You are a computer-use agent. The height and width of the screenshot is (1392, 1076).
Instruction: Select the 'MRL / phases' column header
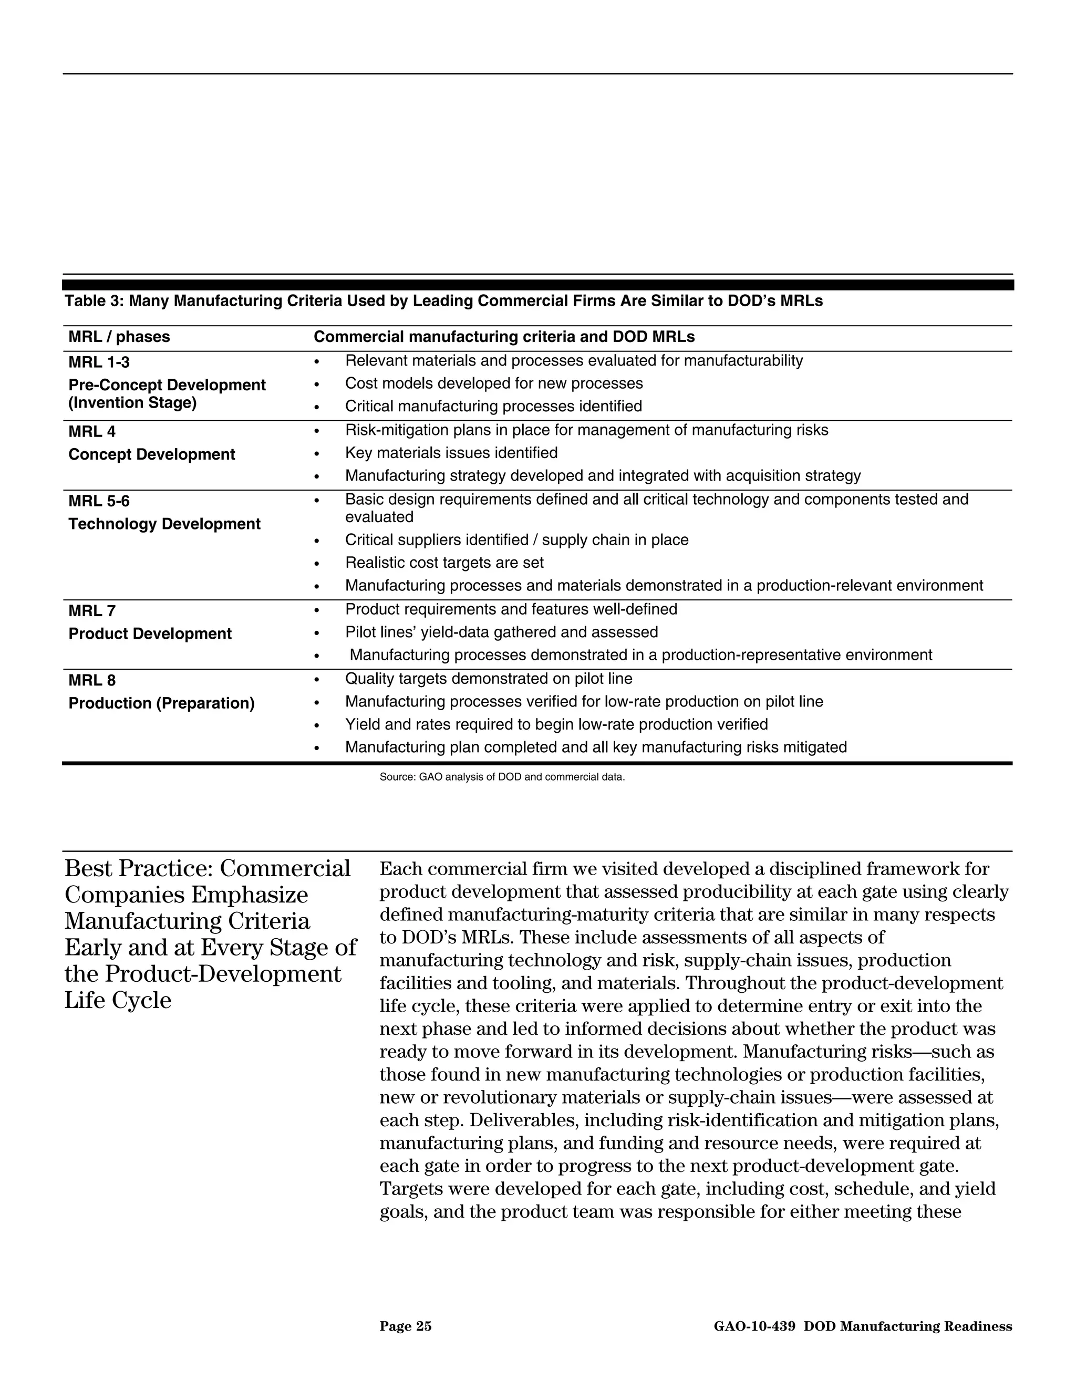click(x=119, y=337)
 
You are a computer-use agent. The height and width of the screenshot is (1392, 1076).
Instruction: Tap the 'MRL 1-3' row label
click(x=99, y=362)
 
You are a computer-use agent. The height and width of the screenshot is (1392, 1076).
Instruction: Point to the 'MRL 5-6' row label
click(x=99, y=501)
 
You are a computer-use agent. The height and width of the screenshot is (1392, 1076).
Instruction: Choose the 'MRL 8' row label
click(x=92, y=680)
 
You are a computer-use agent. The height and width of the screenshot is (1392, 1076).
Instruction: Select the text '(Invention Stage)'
click(x=132, y=403)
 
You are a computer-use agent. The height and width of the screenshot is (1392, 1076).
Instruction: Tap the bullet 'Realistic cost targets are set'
click(x=444, y=563)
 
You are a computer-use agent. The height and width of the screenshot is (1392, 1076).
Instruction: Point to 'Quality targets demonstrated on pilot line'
click(x=488, y=678)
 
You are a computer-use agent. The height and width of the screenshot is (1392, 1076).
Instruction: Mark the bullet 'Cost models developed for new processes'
click(x=493, y=383)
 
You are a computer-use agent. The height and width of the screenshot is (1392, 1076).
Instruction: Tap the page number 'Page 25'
click(x=406, y=1326)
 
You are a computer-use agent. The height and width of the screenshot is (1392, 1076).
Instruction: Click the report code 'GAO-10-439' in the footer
click(x=754, y=1326)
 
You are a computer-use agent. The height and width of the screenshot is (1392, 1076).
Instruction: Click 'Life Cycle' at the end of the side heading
click(x=118, y=1000)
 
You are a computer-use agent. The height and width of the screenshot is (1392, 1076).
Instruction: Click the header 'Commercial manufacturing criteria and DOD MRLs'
click(x=503, y=337)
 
